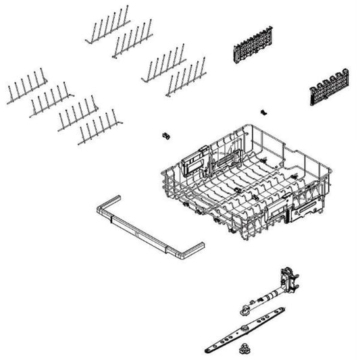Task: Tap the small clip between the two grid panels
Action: coord(262,109)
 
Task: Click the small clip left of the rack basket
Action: coord(163,136)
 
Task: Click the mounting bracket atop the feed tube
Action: coord(288,278)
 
